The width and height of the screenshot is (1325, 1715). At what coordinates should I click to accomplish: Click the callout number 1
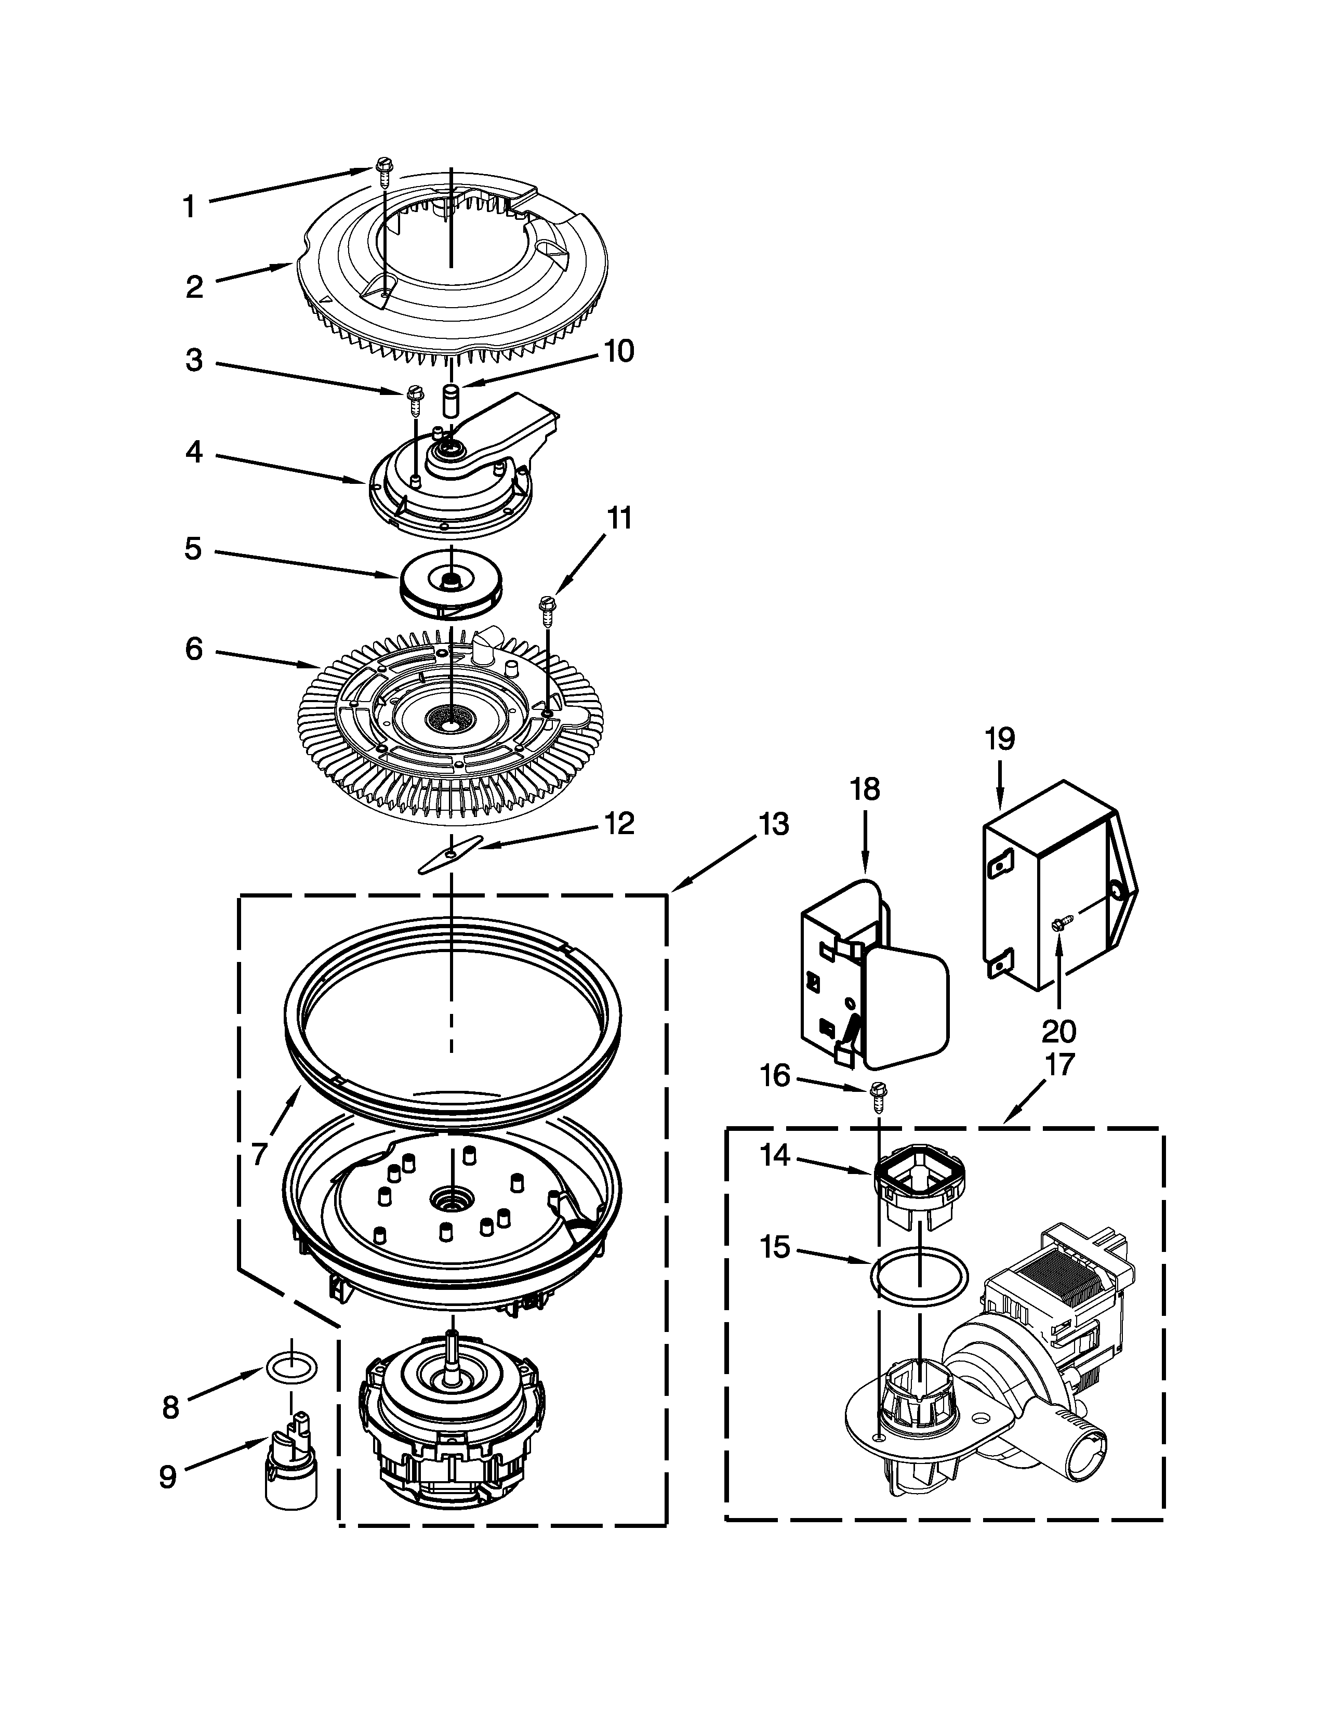pos(189,207)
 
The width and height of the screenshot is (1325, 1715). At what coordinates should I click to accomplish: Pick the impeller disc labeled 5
pos(451,589)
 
